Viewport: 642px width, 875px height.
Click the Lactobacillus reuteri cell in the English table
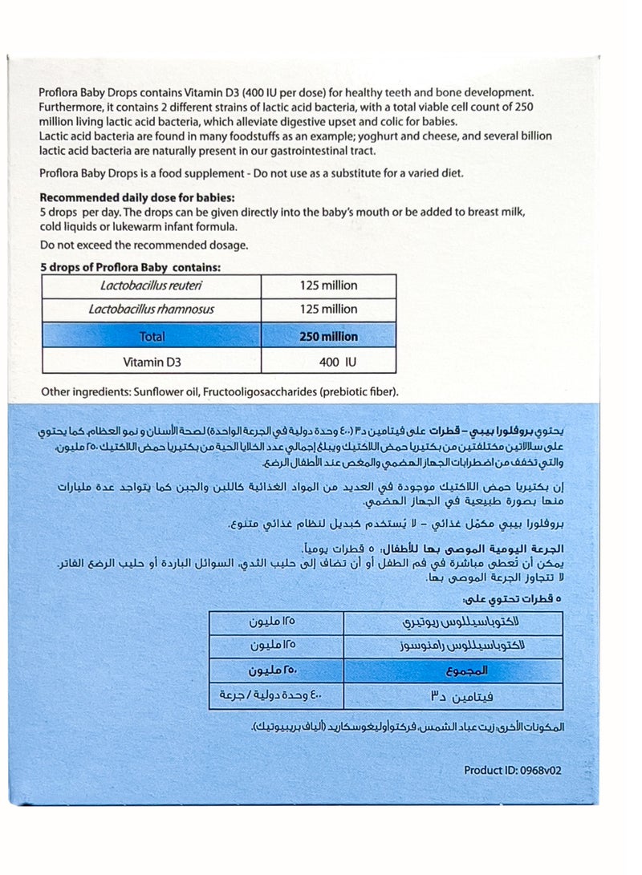(151, 286)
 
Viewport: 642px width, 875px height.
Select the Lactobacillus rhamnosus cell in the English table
(151, 310)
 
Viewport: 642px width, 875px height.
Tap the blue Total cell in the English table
(151, 337)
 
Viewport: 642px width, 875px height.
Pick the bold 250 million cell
(329, 337)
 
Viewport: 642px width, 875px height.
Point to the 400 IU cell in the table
(337, 362)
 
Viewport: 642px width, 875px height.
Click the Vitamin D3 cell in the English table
(151, 362)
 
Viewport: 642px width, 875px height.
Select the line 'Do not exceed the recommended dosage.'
(144, 245)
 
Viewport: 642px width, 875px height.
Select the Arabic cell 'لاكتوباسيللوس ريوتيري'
(454, 622)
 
